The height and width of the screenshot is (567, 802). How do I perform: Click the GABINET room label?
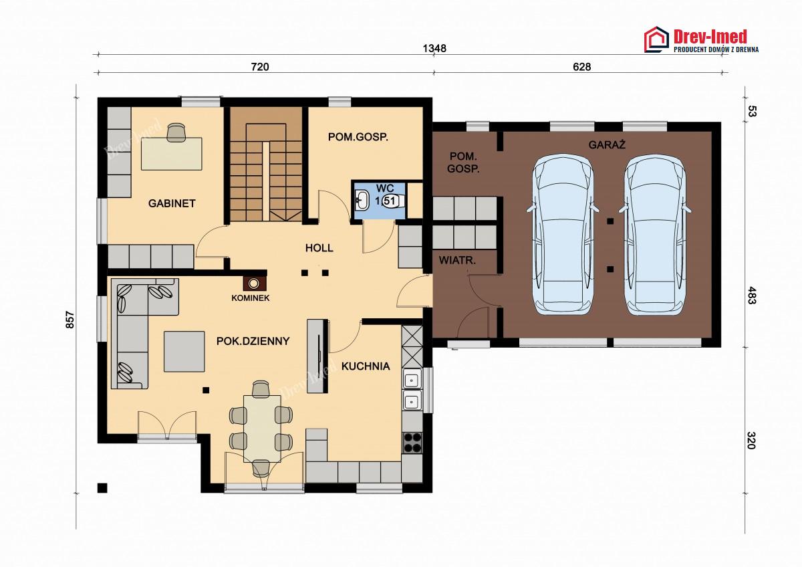point(172,203)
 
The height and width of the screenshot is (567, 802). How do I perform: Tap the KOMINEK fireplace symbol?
point(254,283)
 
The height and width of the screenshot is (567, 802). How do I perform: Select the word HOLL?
point(319,248)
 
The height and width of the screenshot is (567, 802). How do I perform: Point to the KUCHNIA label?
point(366,366)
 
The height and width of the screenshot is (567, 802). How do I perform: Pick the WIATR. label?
point(457,260)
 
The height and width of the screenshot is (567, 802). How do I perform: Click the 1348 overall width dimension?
point(434,48)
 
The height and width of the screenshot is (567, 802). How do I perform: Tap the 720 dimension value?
point(260,67)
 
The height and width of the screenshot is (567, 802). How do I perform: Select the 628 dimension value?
point(582,67)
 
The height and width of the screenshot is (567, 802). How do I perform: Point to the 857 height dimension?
point(70,320)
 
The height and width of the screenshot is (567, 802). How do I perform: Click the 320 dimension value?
point(751,441)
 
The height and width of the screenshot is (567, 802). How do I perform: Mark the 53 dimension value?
point(751,112)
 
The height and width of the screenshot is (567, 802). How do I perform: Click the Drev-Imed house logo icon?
point(656,39)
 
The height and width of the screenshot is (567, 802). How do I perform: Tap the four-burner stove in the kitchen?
point(412,443)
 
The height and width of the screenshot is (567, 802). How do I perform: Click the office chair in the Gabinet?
point(176,132)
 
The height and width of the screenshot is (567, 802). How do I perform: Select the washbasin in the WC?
point(362,200)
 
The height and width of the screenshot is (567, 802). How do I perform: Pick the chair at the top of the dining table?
point(261,389)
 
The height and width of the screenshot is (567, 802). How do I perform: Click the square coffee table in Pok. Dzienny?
point(184,352)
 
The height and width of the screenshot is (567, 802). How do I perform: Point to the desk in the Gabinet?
point(172,154)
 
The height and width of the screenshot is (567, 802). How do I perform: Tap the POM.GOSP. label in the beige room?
point(358,137)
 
